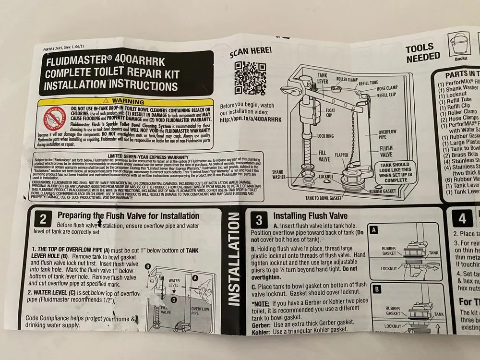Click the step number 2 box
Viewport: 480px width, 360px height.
[43, 219]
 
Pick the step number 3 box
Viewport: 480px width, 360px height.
[259, 220]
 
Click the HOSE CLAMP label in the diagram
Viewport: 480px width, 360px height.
[386, 88]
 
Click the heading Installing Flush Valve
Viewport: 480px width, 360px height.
[310, 216]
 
